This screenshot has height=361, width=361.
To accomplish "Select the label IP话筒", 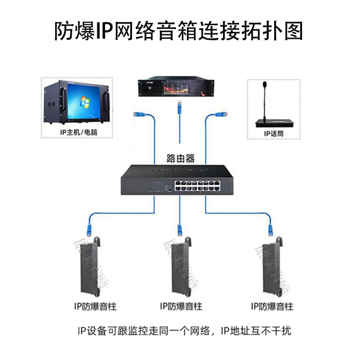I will (273, 133).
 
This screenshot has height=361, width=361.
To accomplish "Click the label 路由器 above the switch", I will (180, 159).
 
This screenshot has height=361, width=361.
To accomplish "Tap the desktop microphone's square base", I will (273, 122).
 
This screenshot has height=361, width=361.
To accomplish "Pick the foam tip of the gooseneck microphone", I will (264, 85).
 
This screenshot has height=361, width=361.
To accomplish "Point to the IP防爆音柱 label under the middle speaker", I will (181, 306).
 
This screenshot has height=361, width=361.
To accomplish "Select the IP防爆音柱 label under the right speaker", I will (272, 306).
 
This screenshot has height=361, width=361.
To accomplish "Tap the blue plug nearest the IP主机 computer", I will (136, 114).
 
